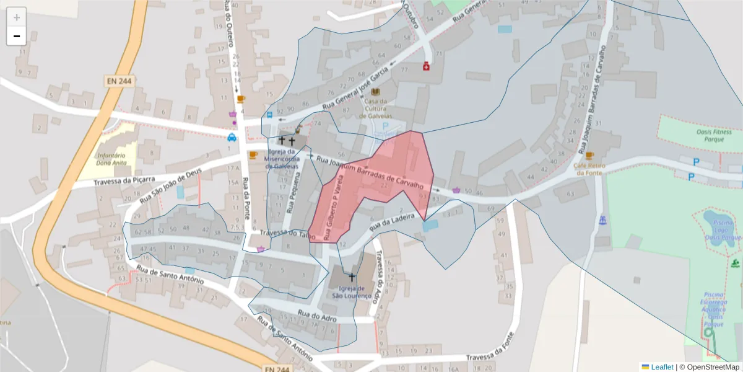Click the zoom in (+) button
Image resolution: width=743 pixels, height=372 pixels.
(17, 17)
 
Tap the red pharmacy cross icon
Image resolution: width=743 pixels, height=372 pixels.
(426, 66)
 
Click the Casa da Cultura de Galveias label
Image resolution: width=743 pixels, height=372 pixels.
(376, 108)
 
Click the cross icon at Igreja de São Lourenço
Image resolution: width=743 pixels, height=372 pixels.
(352, 277)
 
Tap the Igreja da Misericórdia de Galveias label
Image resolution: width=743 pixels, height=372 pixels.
(282, 159)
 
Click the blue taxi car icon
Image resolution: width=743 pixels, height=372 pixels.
(232, 137)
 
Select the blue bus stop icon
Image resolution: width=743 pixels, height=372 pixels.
(269, 115)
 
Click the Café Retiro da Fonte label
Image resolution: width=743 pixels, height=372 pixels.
(588, 169)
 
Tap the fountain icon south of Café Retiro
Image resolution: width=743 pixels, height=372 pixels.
(602, 219)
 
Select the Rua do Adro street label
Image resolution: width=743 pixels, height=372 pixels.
(316, 316)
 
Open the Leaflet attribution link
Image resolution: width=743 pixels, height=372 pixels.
(662, 367)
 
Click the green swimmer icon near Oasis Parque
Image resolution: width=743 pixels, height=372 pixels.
(735, 263)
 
